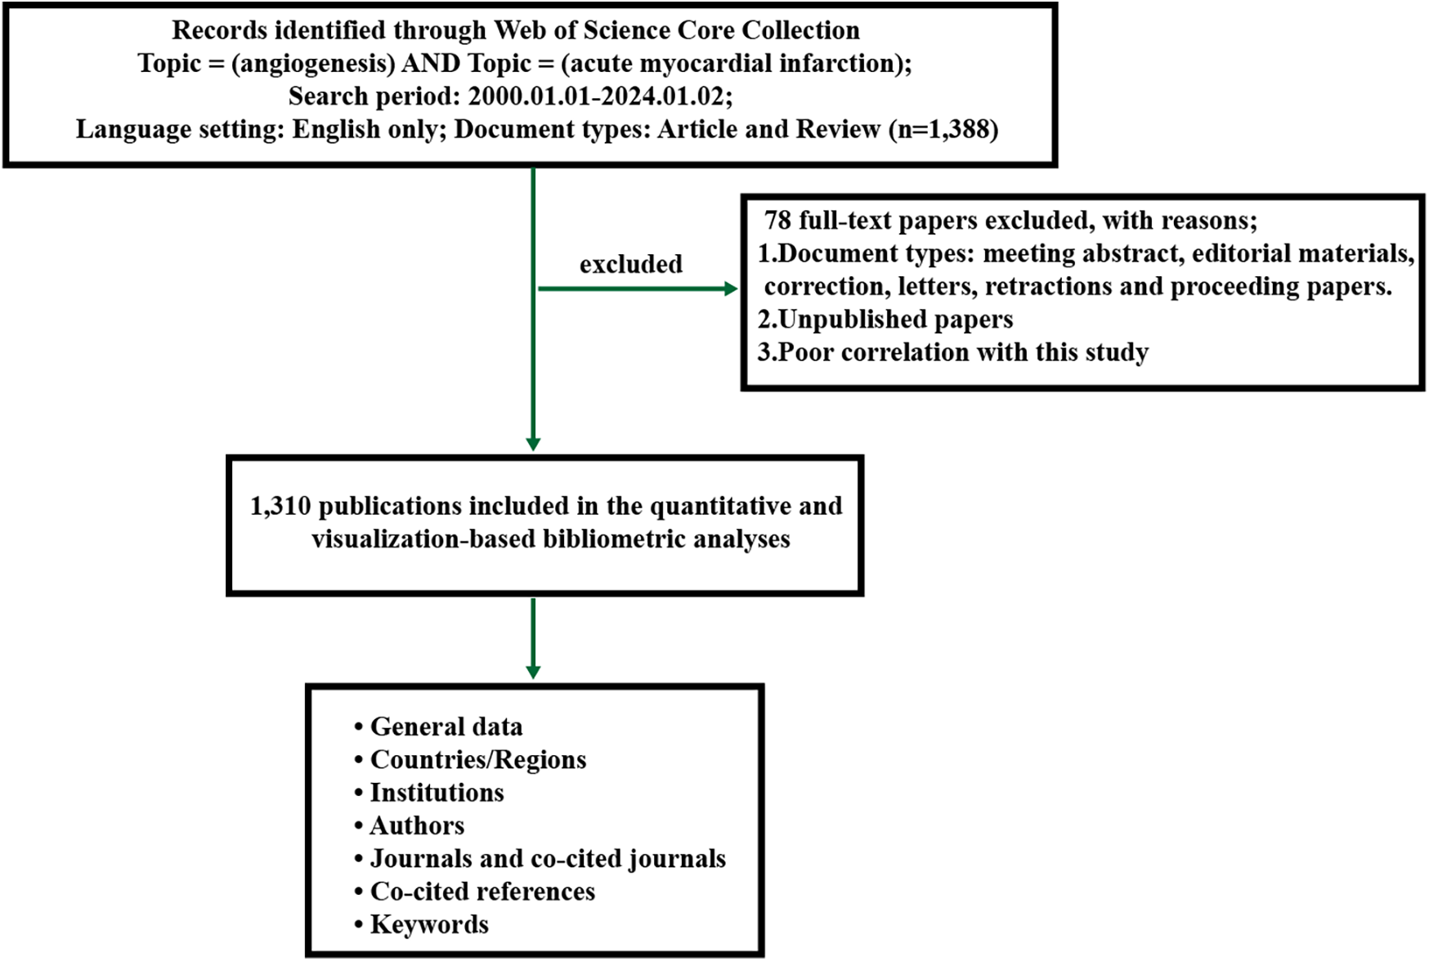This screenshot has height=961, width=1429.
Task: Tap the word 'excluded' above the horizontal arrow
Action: [x=630, y=265]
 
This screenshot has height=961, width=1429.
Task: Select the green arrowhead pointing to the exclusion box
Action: [x=731, y=288]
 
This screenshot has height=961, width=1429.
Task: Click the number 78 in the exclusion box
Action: [x=777, y=221]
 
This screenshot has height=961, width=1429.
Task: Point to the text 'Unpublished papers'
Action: [x=895, y=320]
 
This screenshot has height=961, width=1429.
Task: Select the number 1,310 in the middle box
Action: [x=280, y=507]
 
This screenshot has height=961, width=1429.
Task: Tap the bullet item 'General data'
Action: [x=446, y=727]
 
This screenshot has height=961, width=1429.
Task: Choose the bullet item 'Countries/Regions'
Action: [x=477, y=760]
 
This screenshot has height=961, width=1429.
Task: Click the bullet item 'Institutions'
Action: [x=437, y=793]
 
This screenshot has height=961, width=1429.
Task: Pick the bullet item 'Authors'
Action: [x=417, y=826]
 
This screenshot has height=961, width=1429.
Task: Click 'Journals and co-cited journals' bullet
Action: [x=547, y=859]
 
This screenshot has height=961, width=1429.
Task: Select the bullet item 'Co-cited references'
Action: [x=482, y=892]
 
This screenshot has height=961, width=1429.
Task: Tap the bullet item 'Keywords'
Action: [x=429, y=925]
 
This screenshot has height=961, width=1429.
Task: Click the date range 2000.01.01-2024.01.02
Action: [x=596, y=97]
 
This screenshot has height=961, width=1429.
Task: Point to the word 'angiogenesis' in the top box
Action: [x=313, y=64]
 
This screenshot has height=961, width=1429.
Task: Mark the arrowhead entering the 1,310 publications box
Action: [x=533, y=445]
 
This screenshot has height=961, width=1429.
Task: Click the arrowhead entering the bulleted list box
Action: [x=533, y=672]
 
